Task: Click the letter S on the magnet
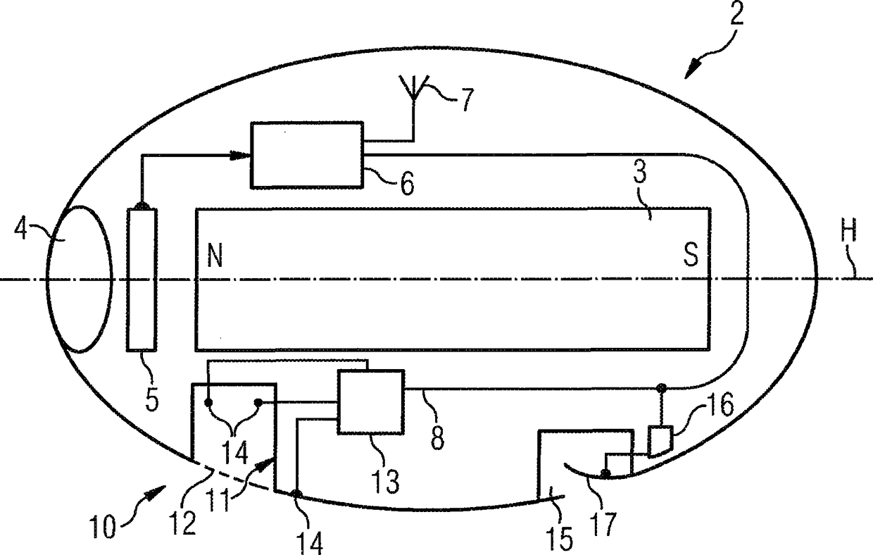(x=691, y=256)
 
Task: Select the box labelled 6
(x=308, y=154)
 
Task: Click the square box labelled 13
(x=371, y=403)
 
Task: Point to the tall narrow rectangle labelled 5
(x=142, y=280)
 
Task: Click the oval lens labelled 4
(x=79, y=279)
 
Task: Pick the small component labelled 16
(x=660, y=442)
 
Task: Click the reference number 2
(x=738, y=15)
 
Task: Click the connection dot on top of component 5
(x=142, y=206)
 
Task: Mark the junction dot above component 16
(x=660, y=387)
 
